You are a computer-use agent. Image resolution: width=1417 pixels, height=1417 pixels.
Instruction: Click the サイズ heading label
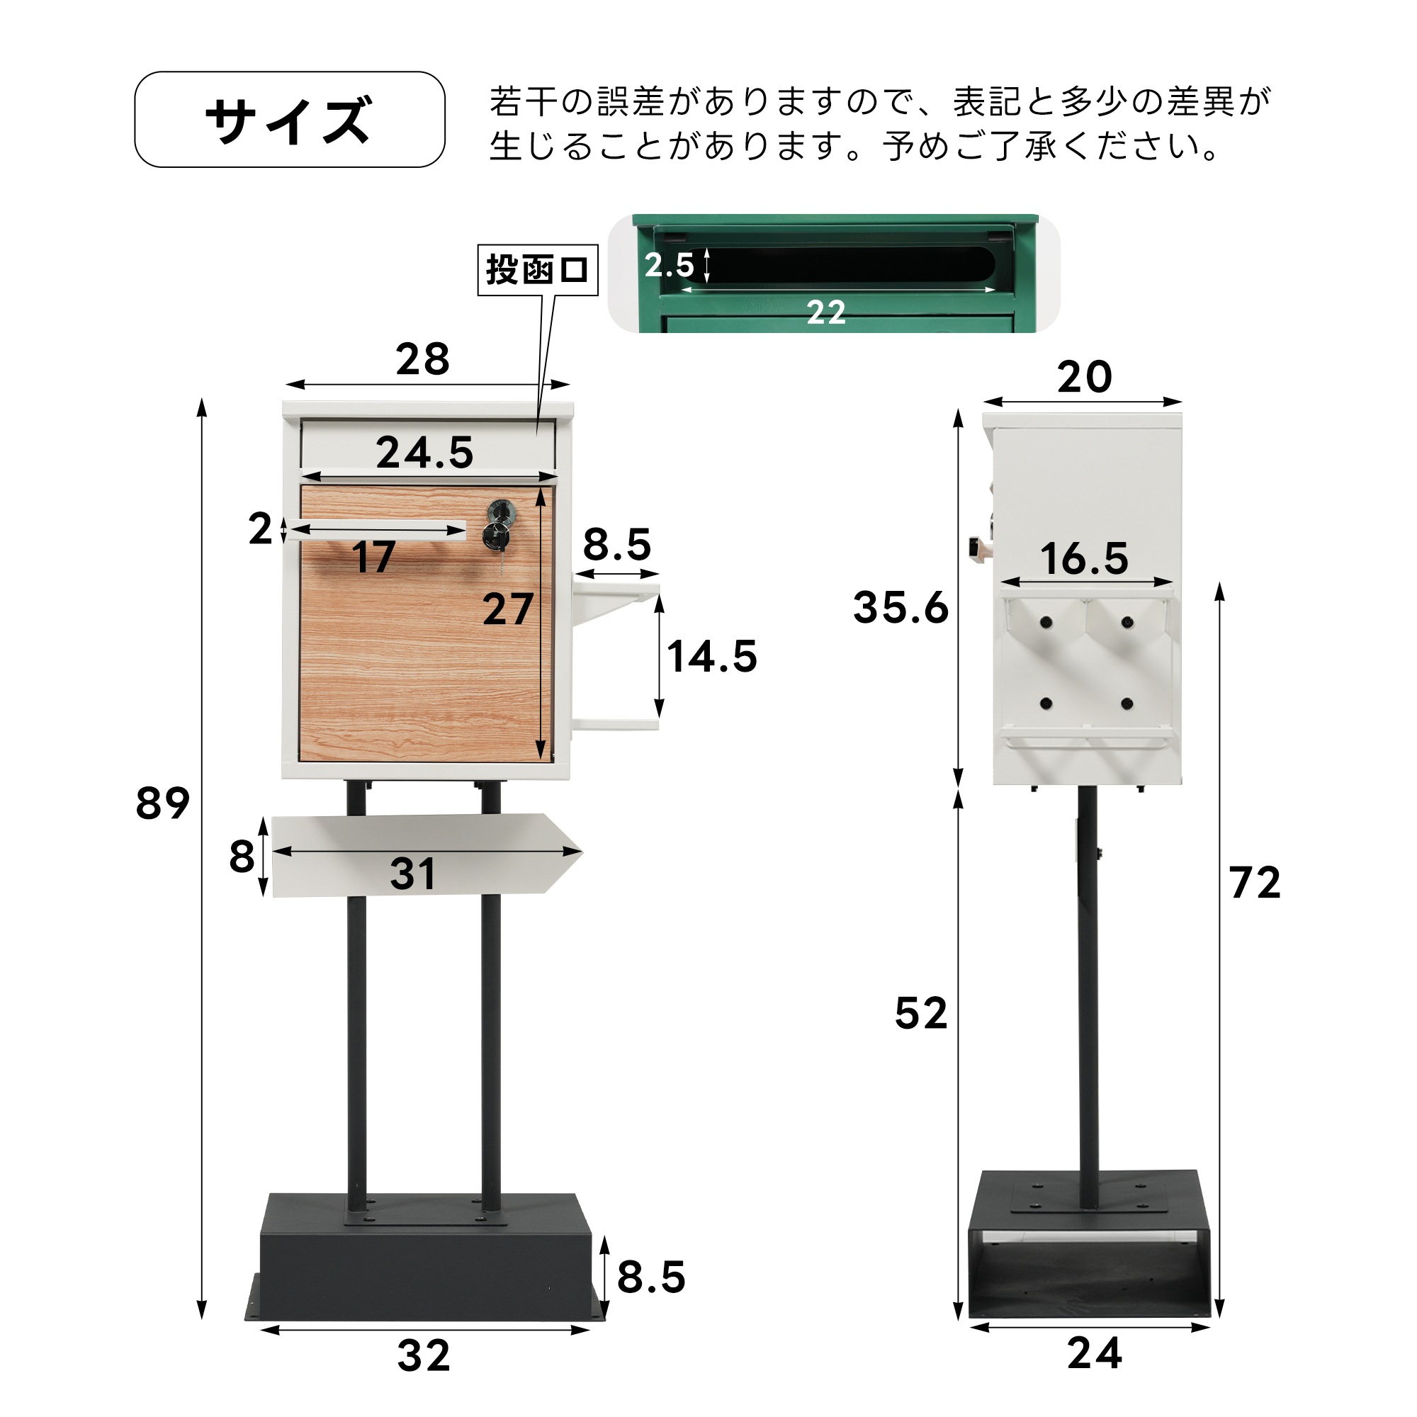pos(289,120)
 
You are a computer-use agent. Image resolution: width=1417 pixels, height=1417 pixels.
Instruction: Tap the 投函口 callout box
pos(538,270)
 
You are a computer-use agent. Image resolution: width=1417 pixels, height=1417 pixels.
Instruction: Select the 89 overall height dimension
pos(162,803)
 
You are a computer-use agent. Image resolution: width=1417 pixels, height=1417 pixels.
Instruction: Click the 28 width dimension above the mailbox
pos(422,359)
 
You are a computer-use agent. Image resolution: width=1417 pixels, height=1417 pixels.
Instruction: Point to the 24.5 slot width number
pos(424,452)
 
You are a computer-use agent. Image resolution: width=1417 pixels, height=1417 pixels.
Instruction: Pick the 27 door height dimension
pos(507,609)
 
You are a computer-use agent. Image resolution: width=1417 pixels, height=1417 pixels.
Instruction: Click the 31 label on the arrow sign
pos(413,874)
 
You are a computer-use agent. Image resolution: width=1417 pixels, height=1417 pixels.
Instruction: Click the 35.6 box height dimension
pos(900,608)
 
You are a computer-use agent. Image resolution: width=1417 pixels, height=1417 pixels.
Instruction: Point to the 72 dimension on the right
pos(1255,882)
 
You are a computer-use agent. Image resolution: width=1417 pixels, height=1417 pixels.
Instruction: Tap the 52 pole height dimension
pos(921,1014)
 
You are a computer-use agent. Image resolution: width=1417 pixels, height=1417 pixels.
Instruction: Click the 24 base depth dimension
pos(1095,1353)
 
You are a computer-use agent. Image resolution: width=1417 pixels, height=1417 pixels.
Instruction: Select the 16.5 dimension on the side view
pos(1084,558)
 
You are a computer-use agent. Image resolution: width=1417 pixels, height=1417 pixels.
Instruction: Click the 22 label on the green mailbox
pos(826,313)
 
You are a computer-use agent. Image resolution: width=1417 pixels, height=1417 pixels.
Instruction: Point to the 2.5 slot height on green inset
pos(668,265)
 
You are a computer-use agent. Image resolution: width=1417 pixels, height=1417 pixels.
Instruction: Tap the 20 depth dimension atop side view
pos(1084,377)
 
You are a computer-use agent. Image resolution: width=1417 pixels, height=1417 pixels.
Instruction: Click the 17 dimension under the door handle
pos(374,557)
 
